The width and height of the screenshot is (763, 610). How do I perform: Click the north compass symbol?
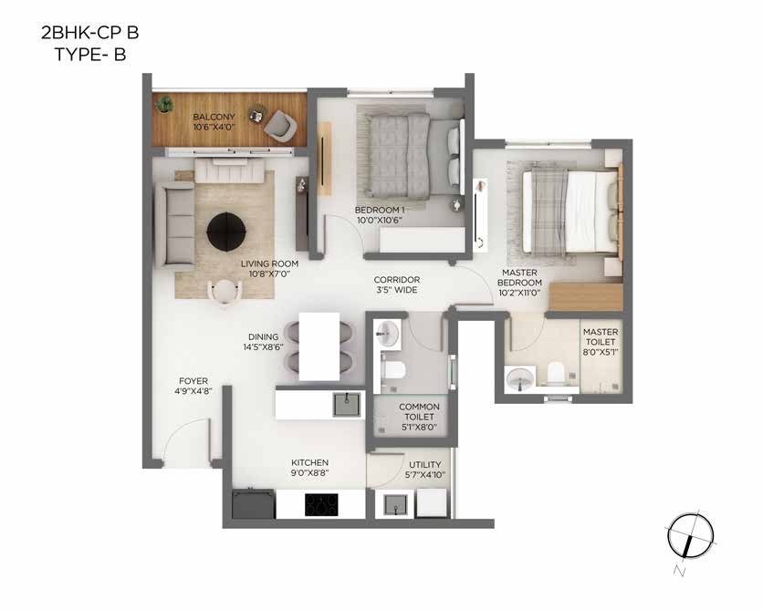point(691,536)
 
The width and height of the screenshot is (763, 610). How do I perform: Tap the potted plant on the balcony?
point(165,104)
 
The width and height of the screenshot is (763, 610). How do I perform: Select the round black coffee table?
point(226,232)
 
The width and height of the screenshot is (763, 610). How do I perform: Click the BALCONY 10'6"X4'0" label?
point(214,122)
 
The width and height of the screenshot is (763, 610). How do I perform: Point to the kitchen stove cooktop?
point(321,504)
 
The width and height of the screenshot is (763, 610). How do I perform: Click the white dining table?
point(319,346)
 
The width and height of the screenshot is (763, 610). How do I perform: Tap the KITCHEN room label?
point(309,462)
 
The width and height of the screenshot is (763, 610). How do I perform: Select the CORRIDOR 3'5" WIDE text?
point(397,284)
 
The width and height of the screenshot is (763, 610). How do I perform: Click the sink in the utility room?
point(395,504)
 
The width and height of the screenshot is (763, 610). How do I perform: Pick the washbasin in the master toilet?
point(520,379)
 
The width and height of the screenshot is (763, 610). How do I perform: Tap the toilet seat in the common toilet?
point(394,369)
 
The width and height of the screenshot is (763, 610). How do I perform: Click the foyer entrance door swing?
point(187,439)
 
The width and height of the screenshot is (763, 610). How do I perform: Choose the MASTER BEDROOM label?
point(519,277)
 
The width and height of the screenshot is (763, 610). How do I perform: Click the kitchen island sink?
point(347,405)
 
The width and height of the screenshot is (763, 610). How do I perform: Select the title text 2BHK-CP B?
point(90,33)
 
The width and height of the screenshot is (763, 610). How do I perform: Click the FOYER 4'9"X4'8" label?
point(193,386)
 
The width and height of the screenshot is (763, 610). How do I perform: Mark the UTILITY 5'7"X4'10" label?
point(424,470)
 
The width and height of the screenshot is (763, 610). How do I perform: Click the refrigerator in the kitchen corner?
point(254,504)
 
